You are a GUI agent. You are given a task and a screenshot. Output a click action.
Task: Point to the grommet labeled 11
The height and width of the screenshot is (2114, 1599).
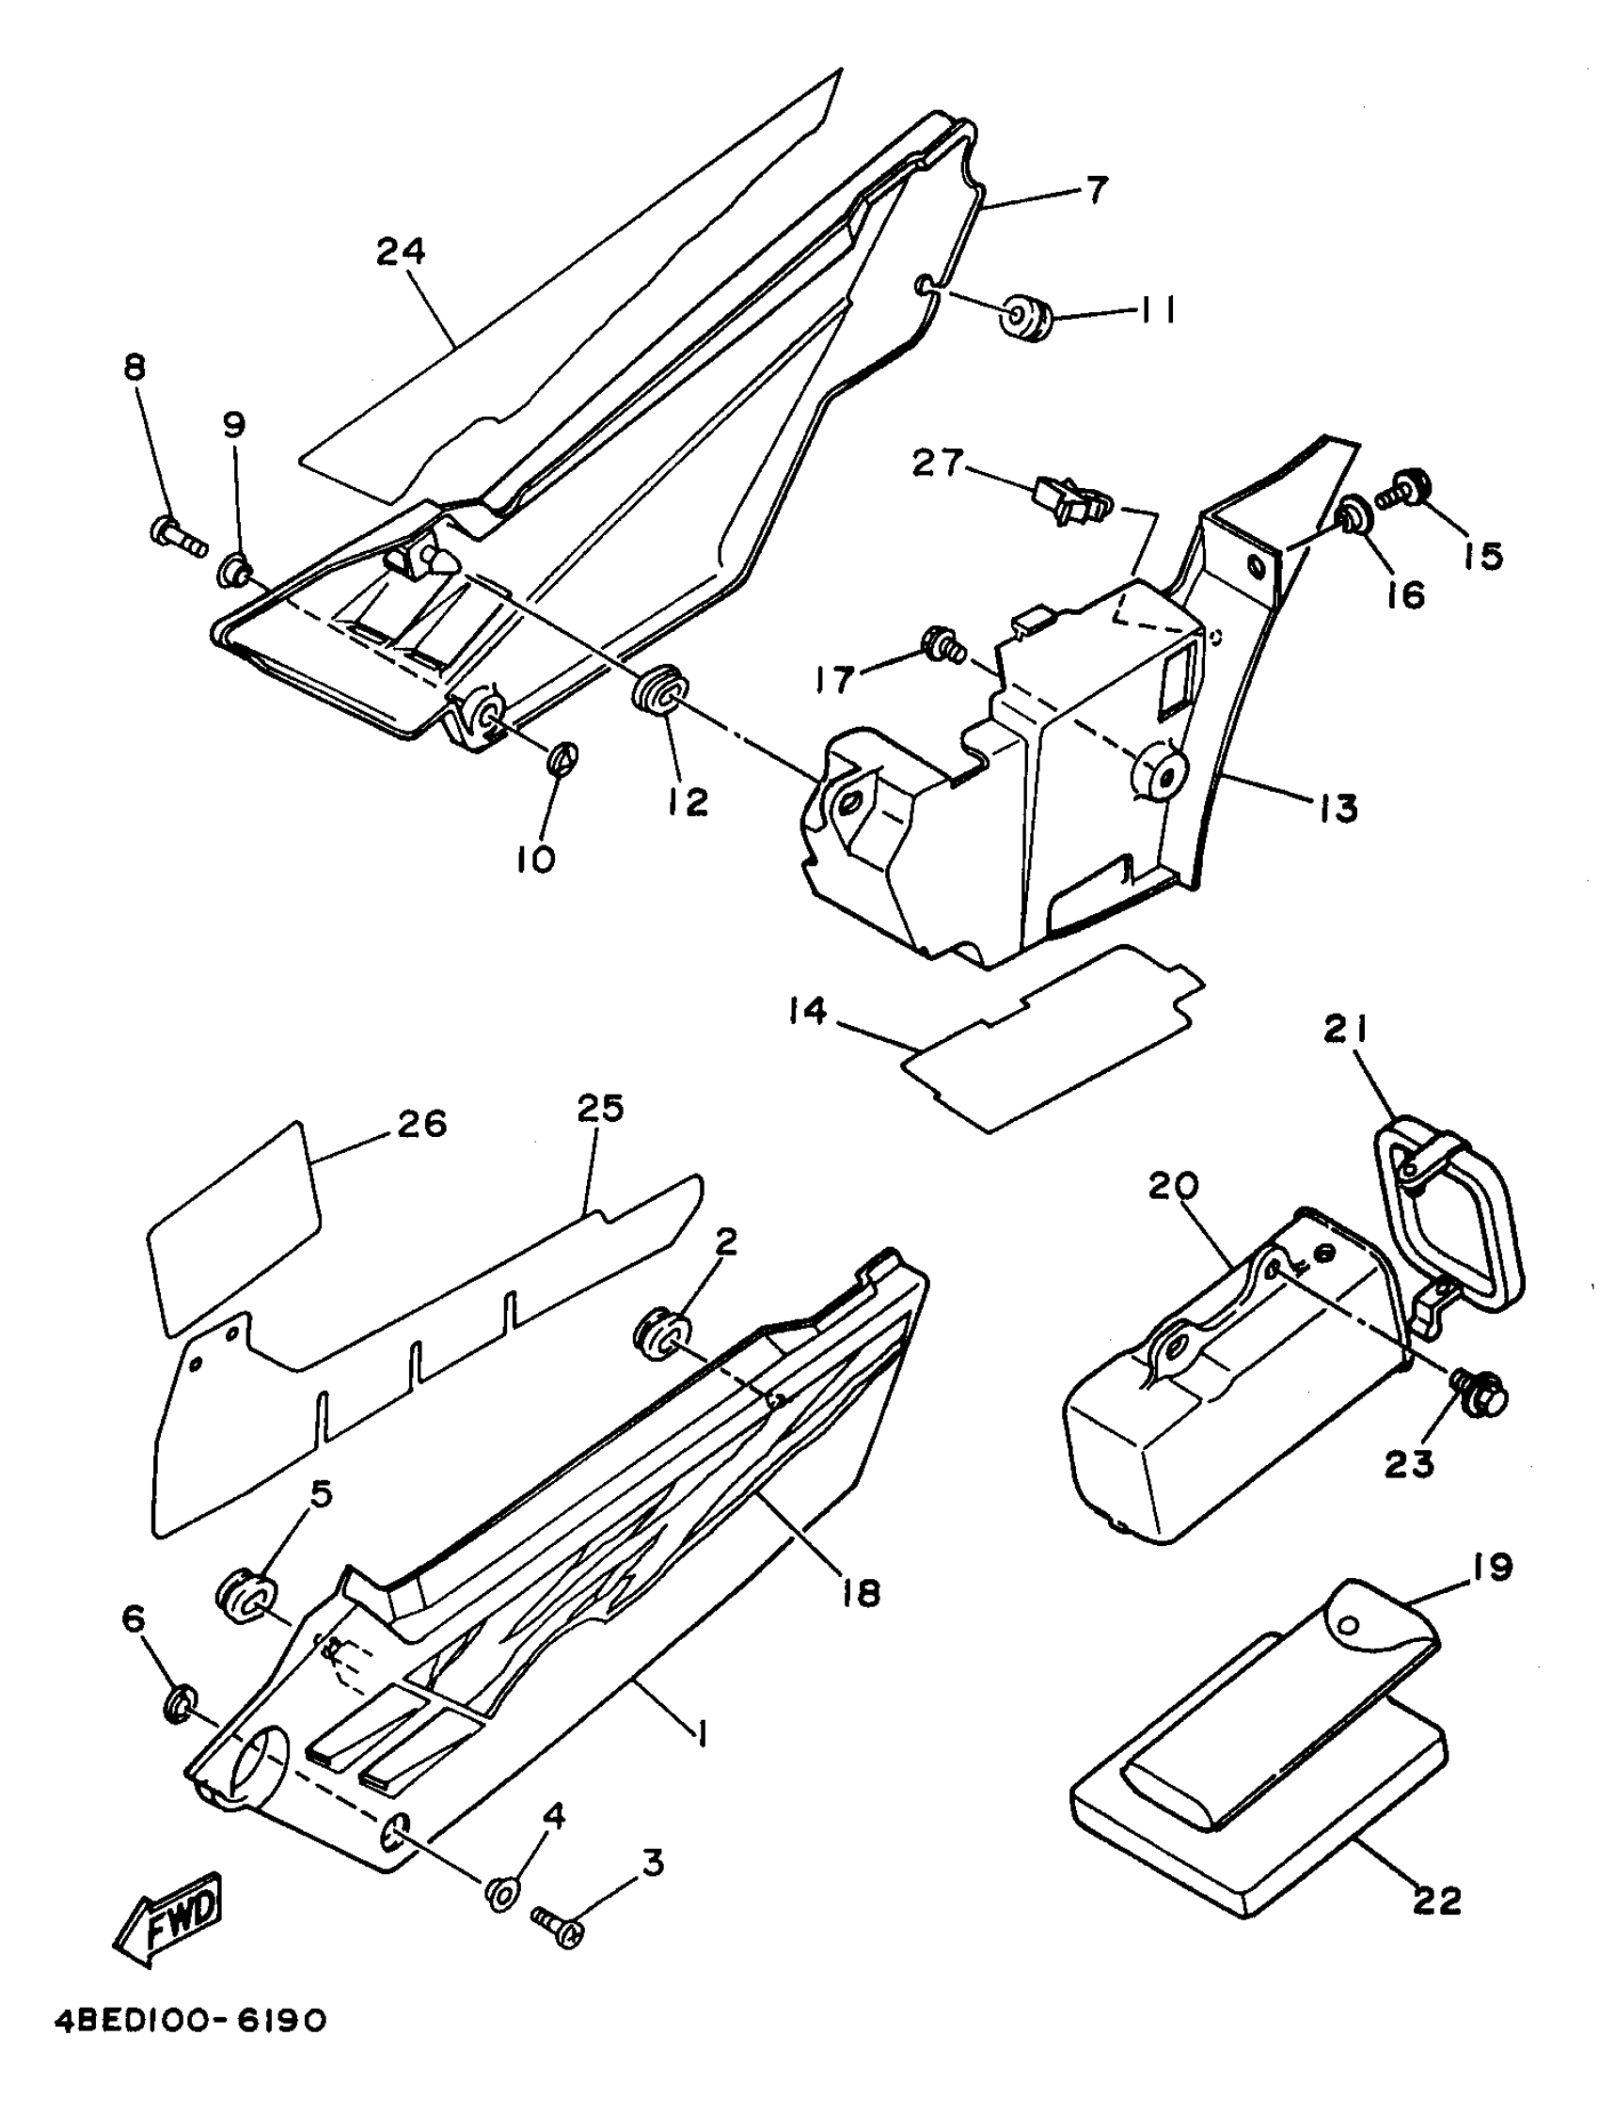[1025, 315]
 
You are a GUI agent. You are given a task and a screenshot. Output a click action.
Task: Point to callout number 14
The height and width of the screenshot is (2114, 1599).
[808, 1010]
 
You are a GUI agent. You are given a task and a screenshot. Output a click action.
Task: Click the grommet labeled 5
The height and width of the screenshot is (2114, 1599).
[245, 1597]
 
